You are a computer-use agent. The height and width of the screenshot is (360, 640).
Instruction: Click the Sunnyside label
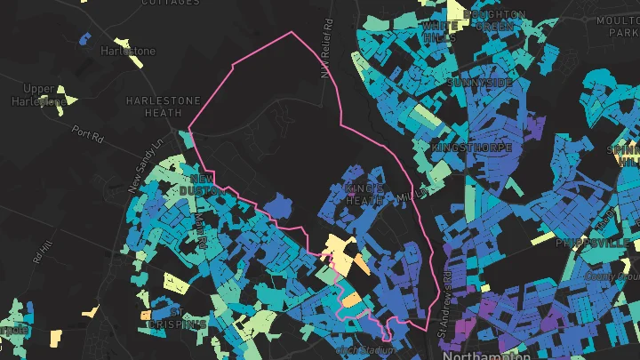(481, 83)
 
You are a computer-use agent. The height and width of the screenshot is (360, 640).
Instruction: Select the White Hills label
(440, 32)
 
